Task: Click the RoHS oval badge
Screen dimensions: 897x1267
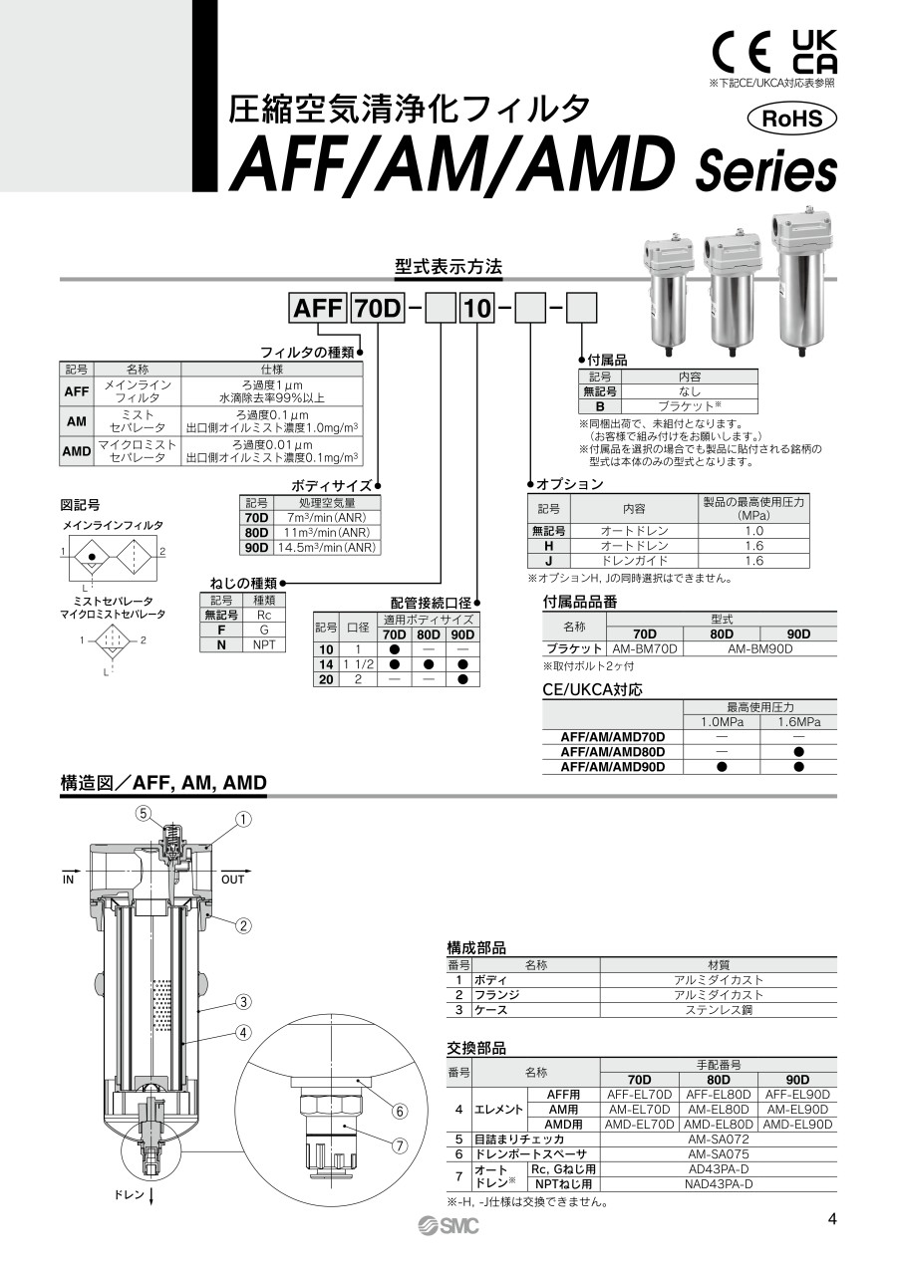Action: click(x=792, y=119)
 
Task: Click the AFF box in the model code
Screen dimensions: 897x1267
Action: click(x=318, y=309)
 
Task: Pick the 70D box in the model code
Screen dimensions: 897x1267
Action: click(x=378, y=309)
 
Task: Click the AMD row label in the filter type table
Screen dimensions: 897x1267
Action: click(x=77, y=451)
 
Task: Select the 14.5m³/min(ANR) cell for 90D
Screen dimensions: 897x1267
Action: click(x=327, y=548)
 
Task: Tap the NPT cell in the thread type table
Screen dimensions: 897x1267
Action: click(x=264, y=644)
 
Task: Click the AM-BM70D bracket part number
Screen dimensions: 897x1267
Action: click(x=645, y=648)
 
